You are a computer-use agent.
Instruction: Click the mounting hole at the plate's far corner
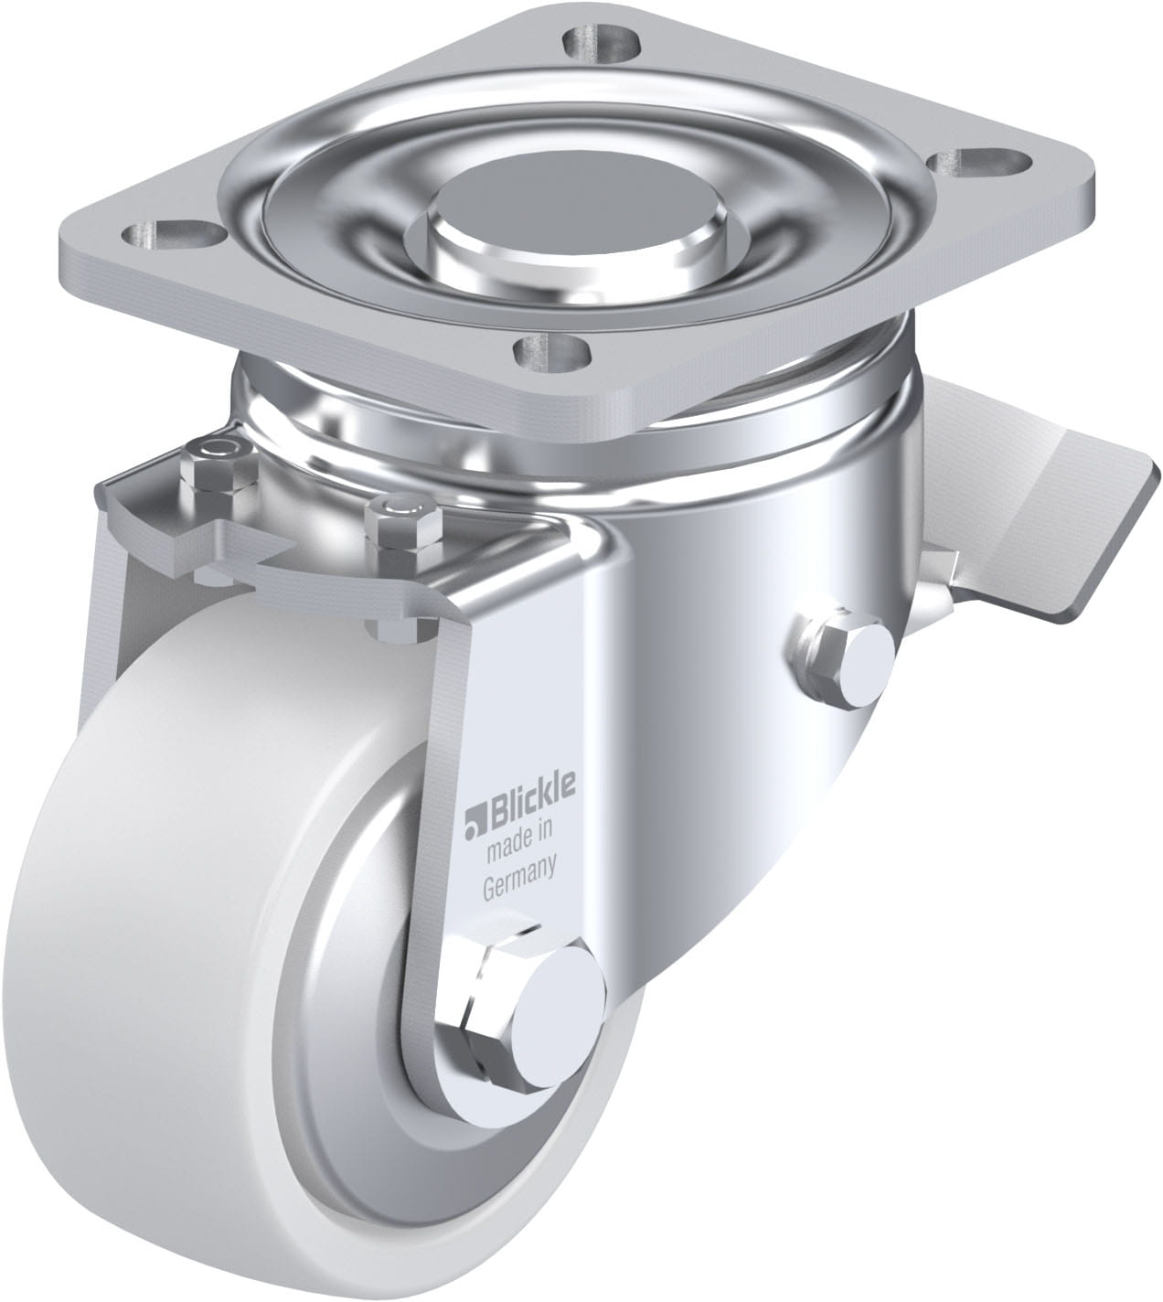click(602, 42)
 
